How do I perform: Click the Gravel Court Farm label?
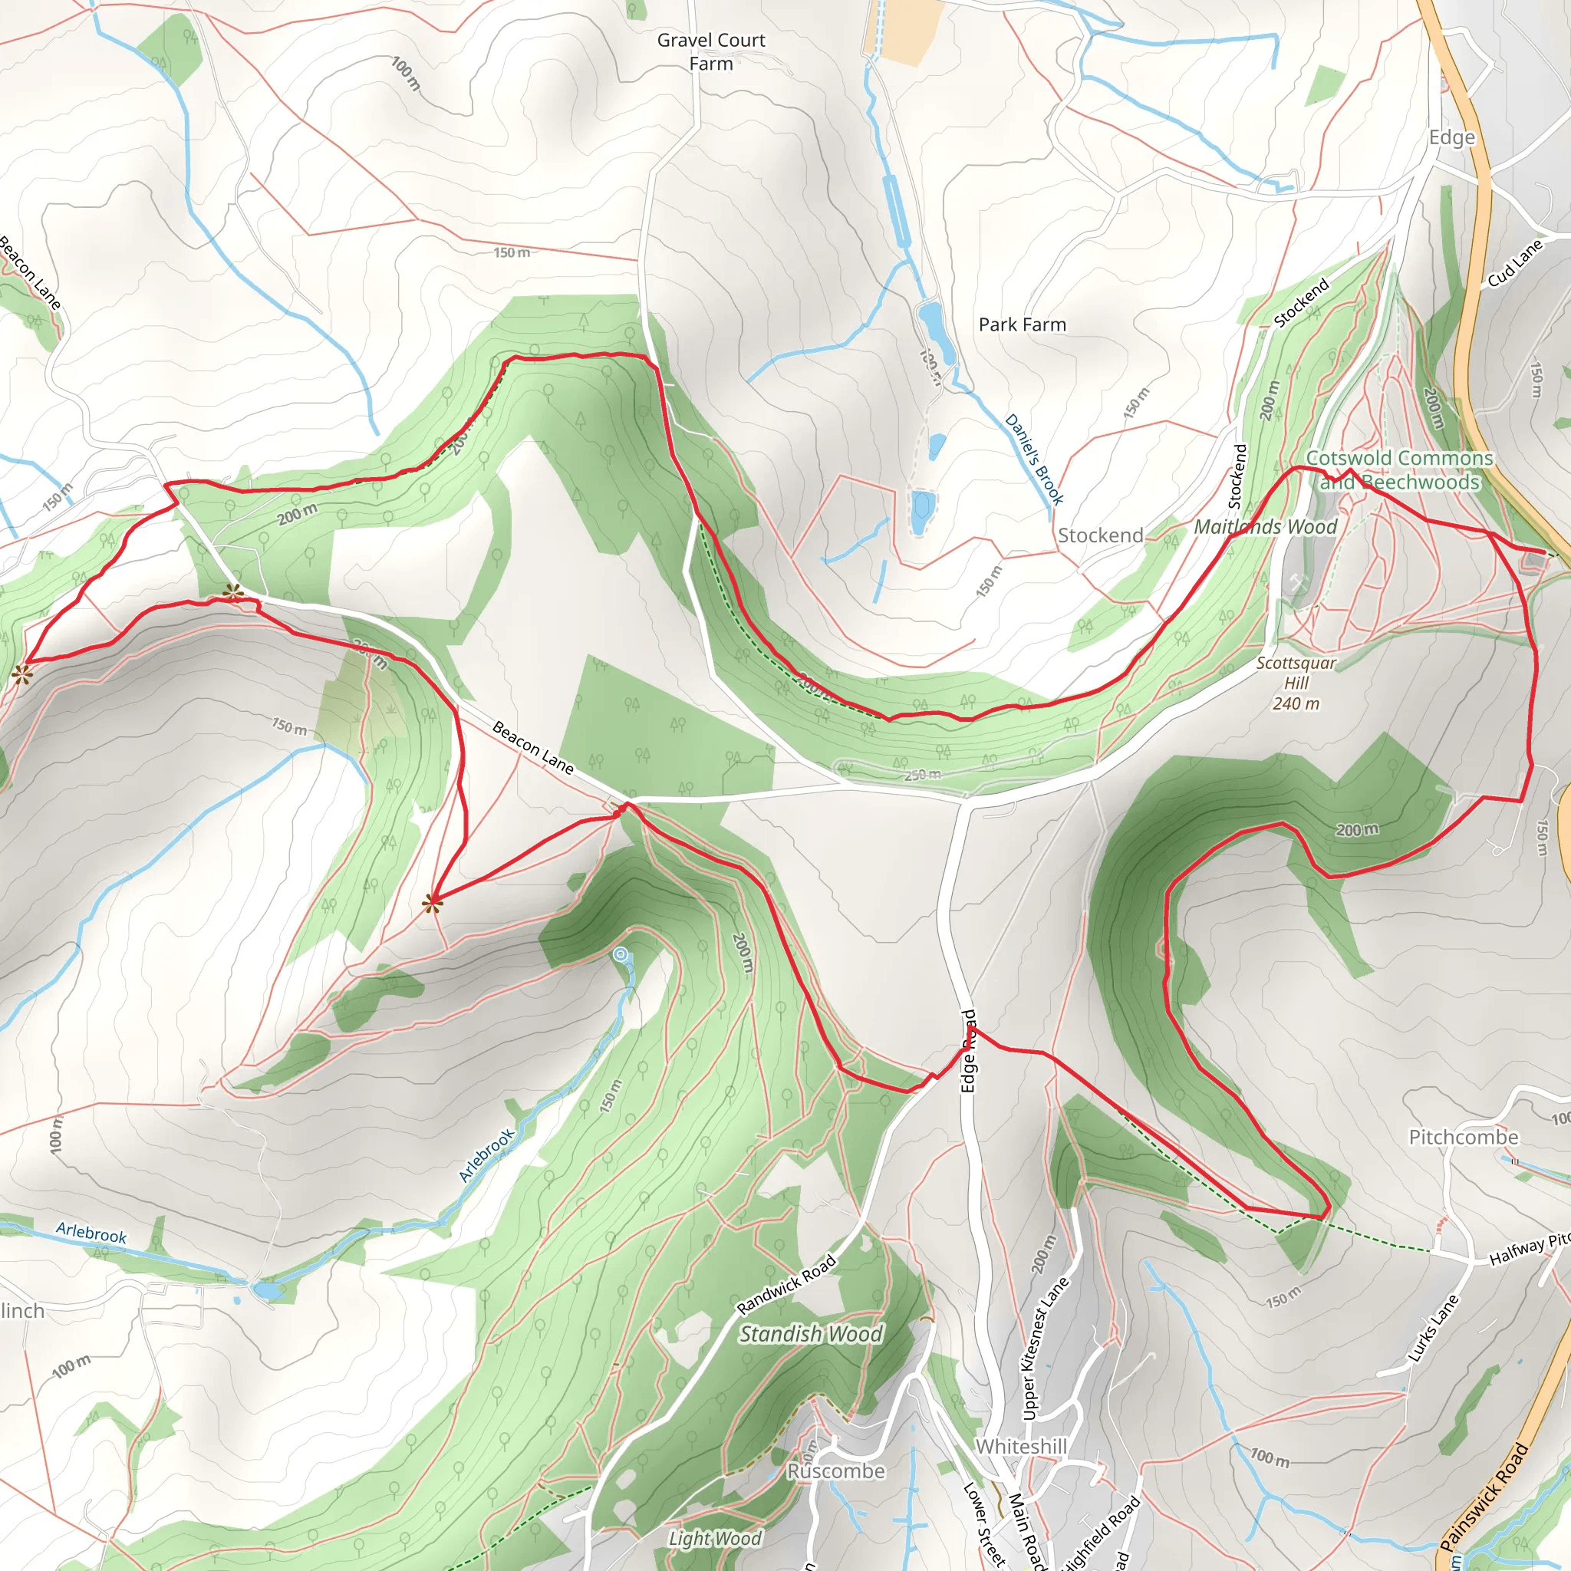pos(710,51)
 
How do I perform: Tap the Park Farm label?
pos(1021,324)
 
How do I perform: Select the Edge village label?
pos(1451,137)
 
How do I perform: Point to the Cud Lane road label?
pos(1515,263)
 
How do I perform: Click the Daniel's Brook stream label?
pos(1033,459)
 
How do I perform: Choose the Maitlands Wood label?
pos(1264,527)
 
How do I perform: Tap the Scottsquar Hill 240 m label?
pos(1296,682)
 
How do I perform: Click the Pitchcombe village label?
pos(1463,1137)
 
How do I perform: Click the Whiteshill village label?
pos(1020,1446)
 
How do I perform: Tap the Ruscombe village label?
pos(835,1471)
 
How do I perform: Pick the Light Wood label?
pos(715,1538)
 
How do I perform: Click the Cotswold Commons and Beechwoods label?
pos(1398,470)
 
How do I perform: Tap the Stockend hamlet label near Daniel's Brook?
pos(1099,535)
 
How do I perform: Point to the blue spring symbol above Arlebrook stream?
pos(621,956)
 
